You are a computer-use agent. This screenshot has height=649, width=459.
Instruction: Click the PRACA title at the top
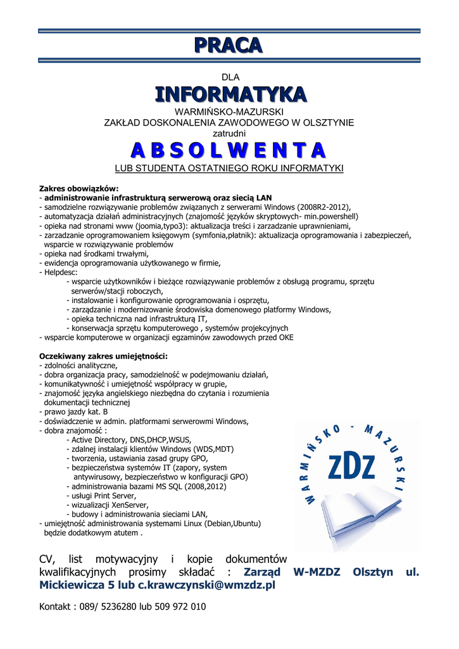click(229, 46)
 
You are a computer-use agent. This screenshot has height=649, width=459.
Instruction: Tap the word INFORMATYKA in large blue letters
click(230, 94)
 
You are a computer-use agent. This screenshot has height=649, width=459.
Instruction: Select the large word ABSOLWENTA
click(229, 151)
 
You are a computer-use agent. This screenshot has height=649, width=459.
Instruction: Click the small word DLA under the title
click(230, 77)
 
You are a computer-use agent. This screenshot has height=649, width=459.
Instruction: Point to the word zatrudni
click(229, 133)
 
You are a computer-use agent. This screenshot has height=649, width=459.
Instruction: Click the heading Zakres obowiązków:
click(79, 188)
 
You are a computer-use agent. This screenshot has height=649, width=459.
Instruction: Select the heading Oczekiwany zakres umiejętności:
click(103, 356)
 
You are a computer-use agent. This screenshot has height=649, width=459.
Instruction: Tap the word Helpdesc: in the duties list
click(60, 272)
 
